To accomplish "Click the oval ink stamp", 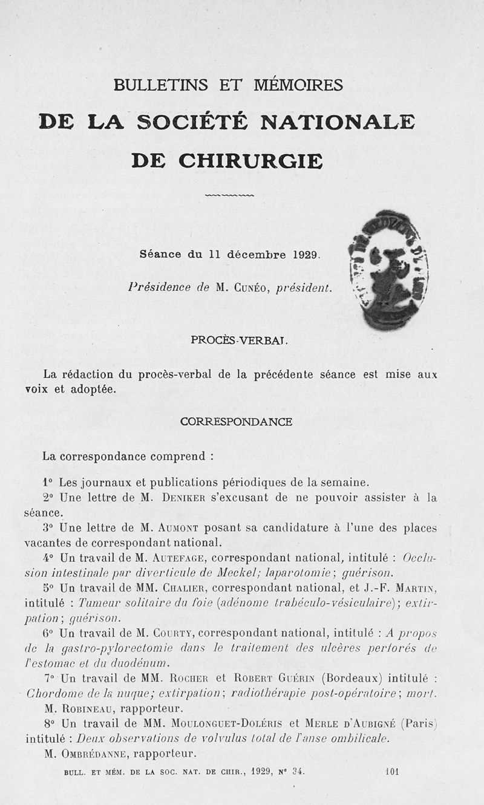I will point(388,270).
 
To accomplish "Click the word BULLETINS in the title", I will point(159,85).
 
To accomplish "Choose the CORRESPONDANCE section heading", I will point(237,422).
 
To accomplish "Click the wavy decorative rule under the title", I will point(230,196).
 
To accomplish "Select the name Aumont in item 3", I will point(184,527).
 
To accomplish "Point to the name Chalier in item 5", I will point(188,587).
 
